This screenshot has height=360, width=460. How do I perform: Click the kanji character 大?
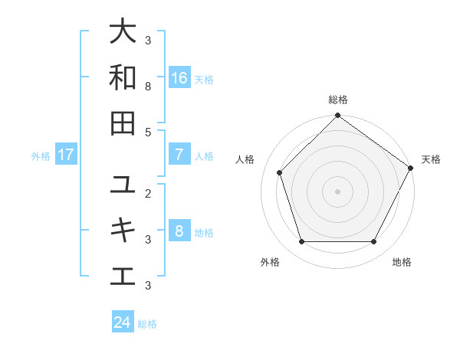tap(123, 32)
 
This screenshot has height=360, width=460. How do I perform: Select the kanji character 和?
tap(123, 77)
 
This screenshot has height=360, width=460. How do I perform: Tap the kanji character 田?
tap(123, 123)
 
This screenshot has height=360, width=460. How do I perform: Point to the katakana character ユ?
tap(123, 185)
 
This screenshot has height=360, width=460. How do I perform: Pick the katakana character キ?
tap(123, 231)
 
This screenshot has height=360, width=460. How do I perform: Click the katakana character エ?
tap(123, 276)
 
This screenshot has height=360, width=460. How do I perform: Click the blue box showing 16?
tap(179, 77)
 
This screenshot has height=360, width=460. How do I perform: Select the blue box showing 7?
tap(179, 155)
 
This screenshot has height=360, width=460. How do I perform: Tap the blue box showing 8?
tap(179, 231)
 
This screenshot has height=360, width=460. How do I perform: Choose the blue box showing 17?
tap(66, 155)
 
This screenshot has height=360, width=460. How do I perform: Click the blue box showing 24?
tap(123, 322)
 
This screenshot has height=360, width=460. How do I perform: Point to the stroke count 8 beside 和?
tap(149, 87)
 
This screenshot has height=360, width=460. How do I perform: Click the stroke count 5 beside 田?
tap(149, 132)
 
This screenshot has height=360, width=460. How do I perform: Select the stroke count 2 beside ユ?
tap(149, 194)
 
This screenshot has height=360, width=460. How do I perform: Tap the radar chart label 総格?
tap(338, 100)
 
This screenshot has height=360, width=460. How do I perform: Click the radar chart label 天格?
tap(431, 159)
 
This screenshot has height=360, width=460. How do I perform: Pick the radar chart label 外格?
tap(270, 262)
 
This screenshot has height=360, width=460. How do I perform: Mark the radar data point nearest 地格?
tap(373, 242)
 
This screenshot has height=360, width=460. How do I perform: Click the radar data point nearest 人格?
tap(280, 172)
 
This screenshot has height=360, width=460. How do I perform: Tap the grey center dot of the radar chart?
tap(337, 191)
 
